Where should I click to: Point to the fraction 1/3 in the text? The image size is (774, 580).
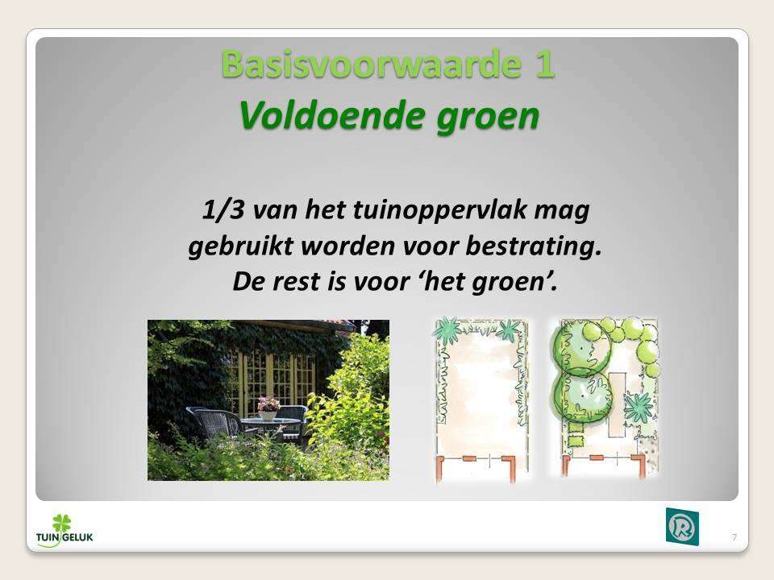(223, 209)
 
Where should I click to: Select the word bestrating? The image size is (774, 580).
(534, 246)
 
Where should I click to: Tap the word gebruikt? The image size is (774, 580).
(241, 246)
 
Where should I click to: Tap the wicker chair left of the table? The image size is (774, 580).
(213, 422)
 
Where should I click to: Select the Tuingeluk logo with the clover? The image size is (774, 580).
(64, 531)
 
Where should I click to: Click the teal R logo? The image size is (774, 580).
(682, 526)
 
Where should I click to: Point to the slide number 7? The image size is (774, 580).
(734, 537)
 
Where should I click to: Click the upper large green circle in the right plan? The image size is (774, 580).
(580, 348)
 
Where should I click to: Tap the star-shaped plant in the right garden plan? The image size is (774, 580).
(638, 408)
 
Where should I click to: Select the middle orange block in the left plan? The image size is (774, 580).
(469, 458)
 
